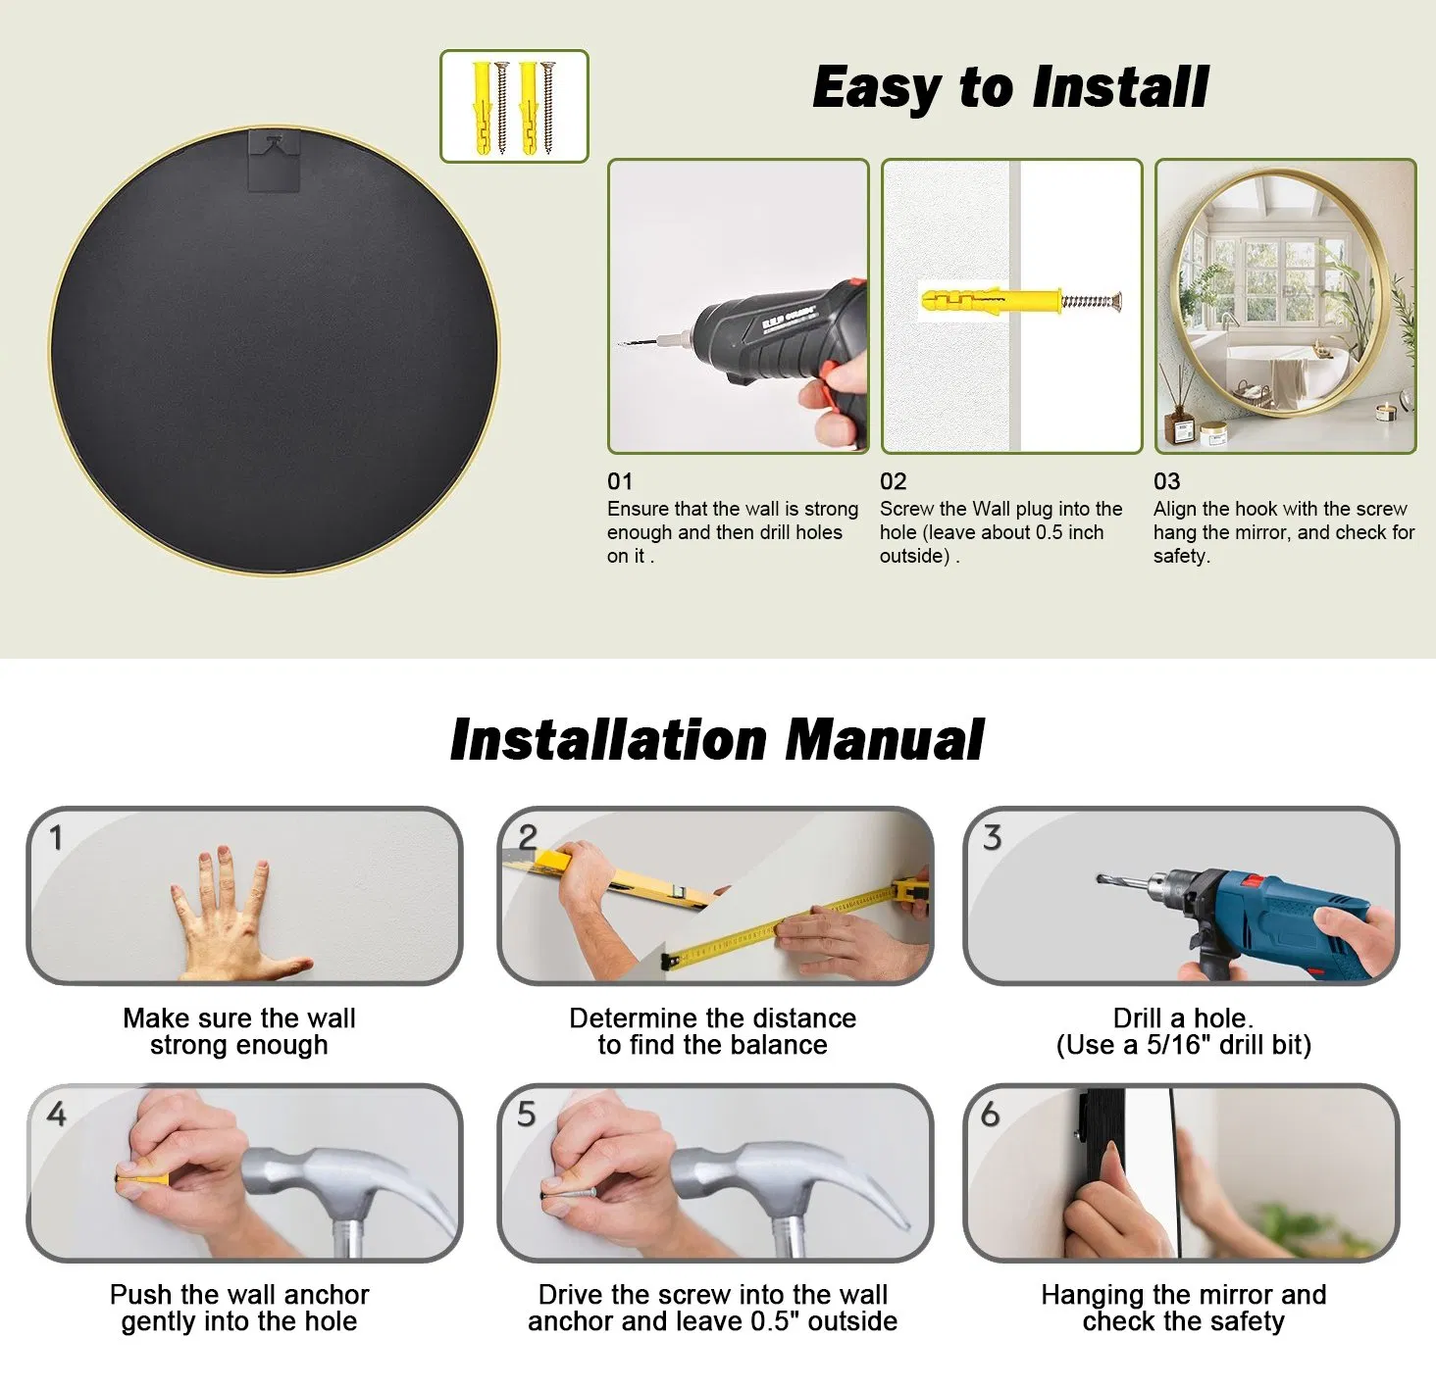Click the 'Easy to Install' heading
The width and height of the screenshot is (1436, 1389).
click(x=1010, y=88)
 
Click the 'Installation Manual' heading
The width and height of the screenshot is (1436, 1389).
click(x=717, y=739)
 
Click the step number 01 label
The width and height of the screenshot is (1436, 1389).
click(x=620, y=481)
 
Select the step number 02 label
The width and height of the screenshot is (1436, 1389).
click(x=893, y=481)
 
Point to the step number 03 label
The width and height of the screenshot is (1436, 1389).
click(x=1166, y=481)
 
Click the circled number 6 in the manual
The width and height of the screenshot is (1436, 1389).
click(x=991, y=1114)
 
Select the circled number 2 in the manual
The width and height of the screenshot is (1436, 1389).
click(x=528, y=837)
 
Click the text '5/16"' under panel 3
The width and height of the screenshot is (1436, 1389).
click(x=1179, y=1046)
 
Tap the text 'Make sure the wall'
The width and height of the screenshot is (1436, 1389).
click(x=239, y=1018)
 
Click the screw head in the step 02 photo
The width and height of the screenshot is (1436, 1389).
click(x=1118, y=300)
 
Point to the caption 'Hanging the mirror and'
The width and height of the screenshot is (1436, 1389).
click(x=1184, y=1295)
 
